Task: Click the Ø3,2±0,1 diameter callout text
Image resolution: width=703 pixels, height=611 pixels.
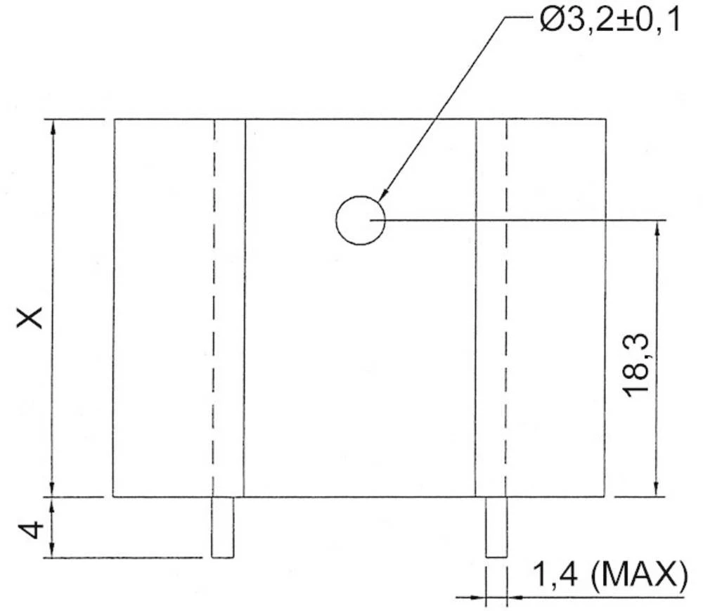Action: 610,22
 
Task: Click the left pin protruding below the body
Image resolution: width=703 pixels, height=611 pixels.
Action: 223,527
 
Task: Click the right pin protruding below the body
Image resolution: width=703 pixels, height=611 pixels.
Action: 496,527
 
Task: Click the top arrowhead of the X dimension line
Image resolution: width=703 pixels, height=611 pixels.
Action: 53,127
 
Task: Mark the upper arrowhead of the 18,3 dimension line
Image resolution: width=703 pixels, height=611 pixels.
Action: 657,228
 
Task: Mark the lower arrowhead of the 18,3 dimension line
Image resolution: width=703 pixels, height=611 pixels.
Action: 657,489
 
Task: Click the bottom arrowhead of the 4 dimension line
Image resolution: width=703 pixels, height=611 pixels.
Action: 53,551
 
